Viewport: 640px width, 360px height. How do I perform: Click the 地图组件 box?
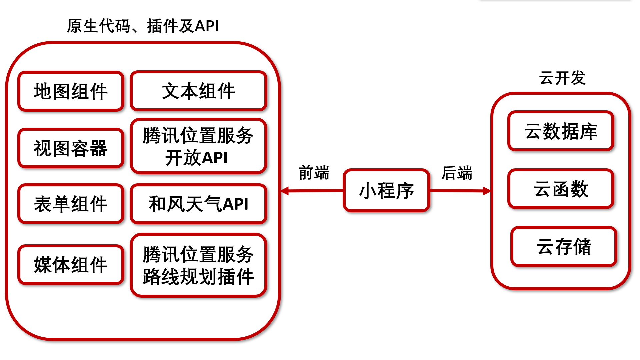[x=71, y=91]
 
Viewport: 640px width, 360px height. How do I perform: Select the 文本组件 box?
[x=198, y=91]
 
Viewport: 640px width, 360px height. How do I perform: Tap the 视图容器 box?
[x=71, y=148]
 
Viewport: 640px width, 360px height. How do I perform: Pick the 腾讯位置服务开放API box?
[x=198, y=146]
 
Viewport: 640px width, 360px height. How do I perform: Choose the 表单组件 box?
[x=71, y=204]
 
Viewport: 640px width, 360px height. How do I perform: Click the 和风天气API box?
[x=198, y=204]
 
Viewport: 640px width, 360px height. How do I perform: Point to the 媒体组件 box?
[x=71, y=265]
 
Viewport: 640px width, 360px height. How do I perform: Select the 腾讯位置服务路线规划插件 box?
[x=198, y=265]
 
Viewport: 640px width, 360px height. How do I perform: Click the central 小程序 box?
[x=386, y=190]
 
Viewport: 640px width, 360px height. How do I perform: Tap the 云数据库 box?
[x=561, y=131]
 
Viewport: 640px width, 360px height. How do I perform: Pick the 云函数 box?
[x=561, y=189]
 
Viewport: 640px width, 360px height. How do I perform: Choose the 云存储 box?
[x=563, y=246]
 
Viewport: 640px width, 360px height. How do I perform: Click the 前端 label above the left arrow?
[x=314, y=173]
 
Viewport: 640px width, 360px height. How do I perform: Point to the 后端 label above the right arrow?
[x=457, y=173]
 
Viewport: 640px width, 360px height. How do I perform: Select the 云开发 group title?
[x=562, y=78]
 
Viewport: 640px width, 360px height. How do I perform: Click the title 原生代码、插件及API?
[x=143, y=26]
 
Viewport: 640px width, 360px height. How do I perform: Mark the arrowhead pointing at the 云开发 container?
[x=487, y=191]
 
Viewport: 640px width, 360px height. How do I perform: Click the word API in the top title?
[x=207, y=26]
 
